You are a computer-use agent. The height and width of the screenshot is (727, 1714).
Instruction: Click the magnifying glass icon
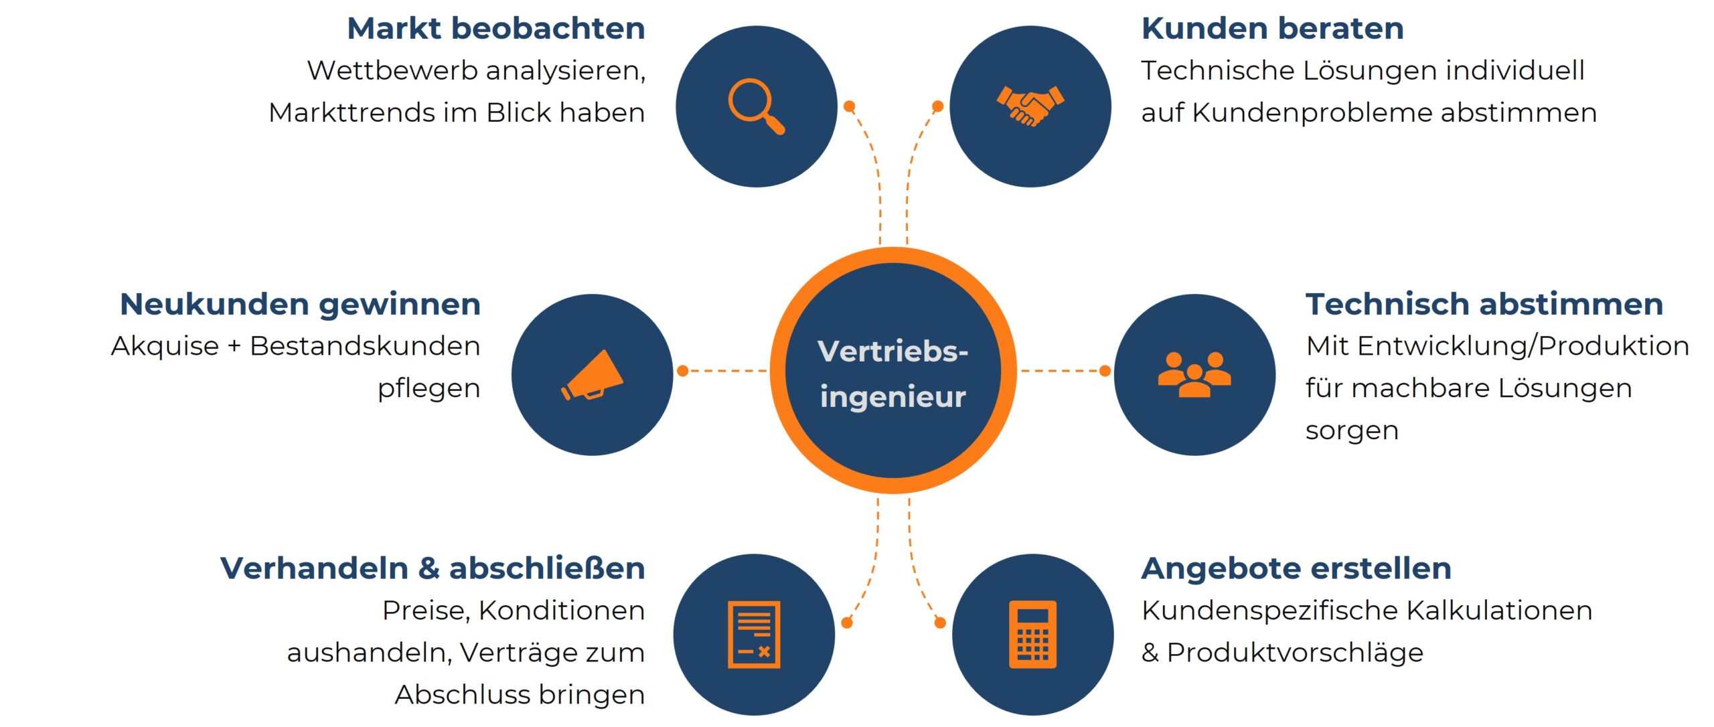pyautogui.click(x=756, y=106)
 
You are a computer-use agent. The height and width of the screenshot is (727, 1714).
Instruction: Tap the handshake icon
pyautogui.click(x=1030, y=106)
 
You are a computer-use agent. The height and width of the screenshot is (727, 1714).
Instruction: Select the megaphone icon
pyautogui.click(x=592, y=376)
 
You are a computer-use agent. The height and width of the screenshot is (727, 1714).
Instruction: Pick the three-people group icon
pyautogui.click(x=1194, y=375)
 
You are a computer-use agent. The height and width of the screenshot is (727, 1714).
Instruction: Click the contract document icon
pyautogui.click(x=754, y=634)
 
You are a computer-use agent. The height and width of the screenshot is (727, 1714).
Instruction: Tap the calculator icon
pyautogui.click(x=1032, y=634)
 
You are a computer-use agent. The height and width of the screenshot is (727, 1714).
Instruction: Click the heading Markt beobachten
pyautogui.click(x=496, y=29)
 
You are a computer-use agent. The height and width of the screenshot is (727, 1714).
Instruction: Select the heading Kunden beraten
pyautogui.click(x=1272, y=29)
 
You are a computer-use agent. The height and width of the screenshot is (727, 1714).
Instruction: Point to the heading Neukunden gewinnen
pyautogui.click(x=300, y=305)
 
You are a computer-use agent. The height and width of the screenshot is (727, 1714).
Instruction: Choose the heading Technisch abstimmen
pyautogui.click(x=1484, y=305)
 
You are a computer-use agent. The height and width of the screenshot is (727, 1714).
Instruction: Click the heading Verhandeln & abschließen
pyautogui.click(x=433, y=568)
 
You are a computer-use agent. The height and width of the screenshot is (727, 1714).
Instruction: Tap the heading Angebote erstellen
pyautogui.click(x=1296, y=568)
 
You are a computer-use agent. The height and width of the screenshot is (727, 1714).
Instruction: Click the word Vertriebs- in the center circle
pyautogui.click(x=892, y=352)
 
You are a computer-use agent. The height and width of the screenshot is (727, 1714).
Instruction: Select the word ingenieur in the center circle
pyautogui.click(x=892, y=397)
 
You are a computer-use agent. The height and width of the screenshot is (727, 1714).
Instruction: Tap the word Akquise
pyautogui.click(x=165, y=347)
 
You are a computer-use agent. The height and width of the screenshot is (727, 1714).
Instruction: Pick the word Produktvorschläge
pyautogui.click(x=1295, y=653)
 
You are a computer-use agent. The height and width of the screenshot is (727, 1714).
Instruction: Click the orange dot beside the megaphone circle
pyautogui.click(x=683, y=370)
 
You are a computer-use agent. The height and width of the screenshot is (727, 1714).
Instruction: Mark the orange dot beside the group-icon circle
pyautogui.click(x=1105, y=370)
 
